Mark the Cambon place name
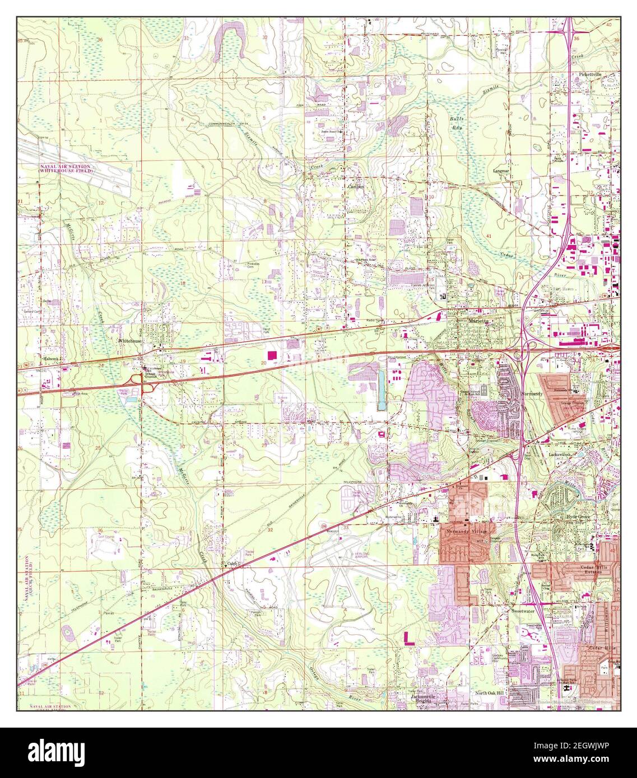[356, 186]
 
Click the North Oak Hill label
[486, 693]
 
